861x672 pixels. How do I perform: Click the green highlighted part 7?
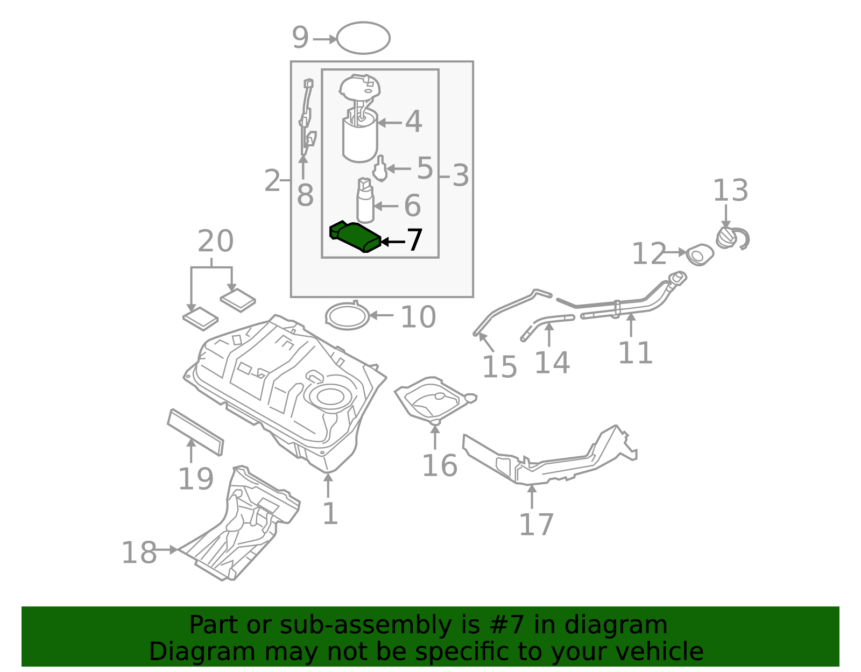click(x=355, y=236)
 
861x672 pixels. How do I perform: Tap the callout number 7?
click(x=414, y=240)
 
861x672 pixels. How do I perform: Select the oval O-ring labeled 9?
click(x=363, y=38)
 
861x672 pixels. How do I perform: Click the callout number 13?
click(x=730, y=190)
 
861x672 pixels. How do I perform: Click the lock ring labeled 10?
click(x=348, y=316)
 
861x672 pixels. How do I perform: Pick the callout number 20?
click(x=215, y=242)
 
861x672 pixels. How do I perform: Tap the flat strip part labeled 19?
click(x=195, y=432)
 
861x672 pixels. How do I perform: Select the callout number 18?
click(x=139, y=553)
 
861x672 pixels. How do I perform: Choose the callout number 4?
click(x=413, y=122)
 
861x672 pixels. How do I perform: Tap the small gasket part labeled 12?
click(x=700, y=254)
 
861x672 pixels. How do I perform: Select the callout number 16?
click(x=439, y=465)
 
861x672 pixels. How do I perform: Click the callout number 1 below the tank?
click(x=329, y=513)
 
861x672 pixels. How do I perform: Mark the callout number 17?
click(x=536, y=525)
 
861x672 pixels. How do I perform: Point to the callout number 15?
click(x=499, y=367)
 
